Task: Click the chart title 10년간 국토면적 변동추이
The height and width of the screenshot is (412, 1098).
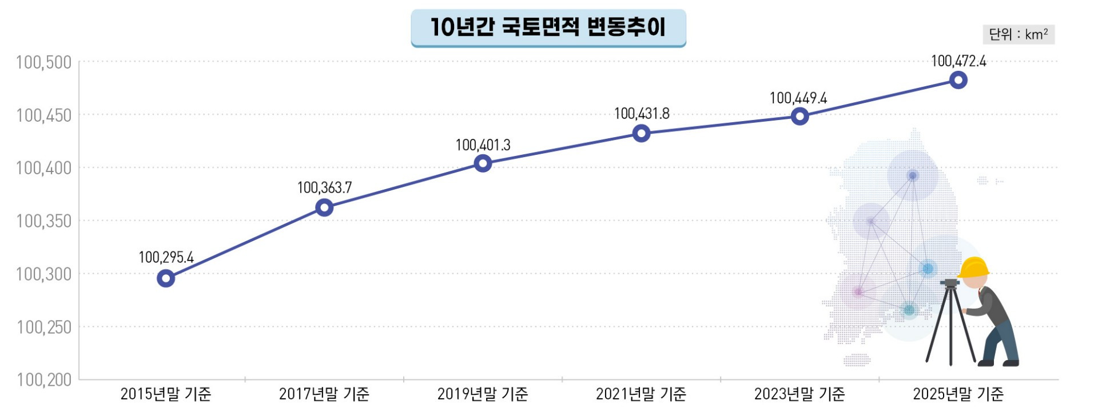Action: click(x=548, y=27)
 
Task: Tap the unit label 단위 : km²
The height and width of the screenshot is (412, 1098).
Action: click(x=1018, y=35)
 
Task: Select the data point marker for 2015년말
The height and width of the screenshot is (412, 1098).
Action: click(x=166, y=278)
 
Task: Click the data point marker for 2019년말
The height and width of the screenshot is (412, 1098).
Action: click(x=483, y=164)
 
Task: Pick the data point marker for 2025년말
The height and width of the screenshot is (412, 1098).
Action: click(x=958, y=80)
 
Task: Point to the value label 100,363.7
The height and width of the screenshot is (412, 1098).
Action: click(x=324, y=187)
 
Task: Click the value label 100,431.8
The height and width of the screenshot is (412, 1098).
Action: click(x=642, y=114)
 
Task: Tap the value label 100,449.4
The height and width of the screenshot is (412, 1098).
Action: click(x=798, y=98)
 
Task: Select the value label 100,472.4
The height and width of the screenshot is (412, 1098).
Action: click(x=958, y=61)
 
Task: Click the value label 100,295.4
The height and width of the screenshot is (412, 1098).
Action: click(x=166, y=257)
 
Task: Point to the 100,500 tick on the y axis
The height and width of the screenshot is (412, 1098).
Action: click(x=44, y=62)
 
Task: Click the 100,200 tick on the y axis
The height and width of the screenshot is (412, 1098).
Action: click(x=44, y=379)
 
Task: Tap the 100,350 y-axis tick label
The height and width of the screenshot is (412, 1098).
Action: click(x=44, y=221)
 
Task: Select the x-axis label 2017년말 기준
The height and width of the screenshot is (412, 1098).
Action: click(x=324, y=394)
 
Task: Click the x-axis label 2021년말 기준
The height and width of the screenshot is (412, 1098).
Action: click(x=641, y=394)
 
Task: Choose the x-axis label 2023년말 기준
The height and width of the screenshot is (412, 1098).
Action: click(x=799, y=394)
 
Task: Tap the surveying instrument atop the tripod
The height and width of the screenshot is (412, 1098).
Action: click(x=950, y=282)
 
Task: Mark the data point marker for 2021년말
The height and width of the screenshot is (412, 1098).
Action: click(x=641, y=134)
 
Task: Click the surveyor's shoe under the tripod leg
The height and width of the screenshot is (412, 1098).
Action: click(x=985, y=363)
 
